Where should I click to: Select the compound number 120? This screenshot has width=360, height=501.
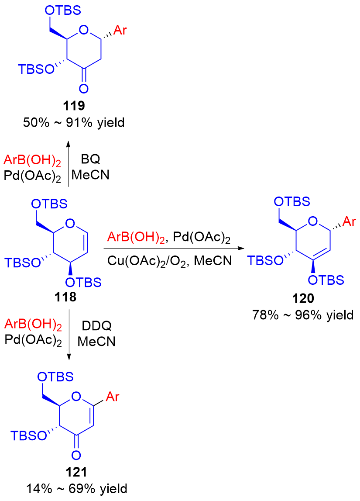click(x=302, y=299)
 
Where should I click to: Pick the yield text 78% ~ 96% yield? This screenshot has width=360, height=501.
click(x=303, y=314)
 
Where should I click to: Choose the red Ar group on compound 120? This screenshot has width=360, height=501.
click(x=348, y=223)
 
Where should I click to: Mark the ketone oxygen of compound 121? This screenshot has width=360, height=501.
click(x=75, y=456)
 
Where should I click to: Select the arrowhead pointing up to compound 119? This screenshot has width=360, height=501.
click(x=69, y=143)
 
